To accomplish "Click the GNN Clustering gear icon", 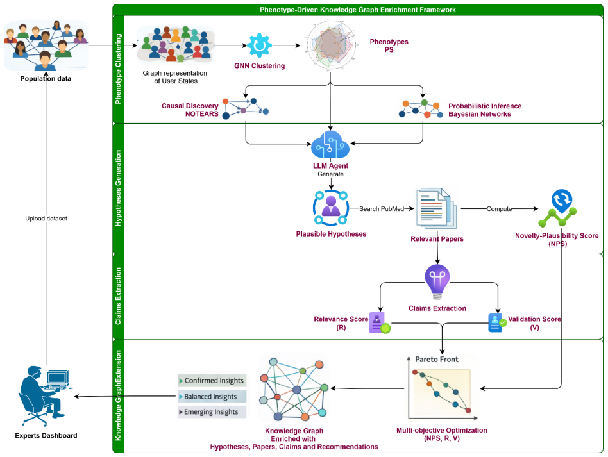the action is (x=259, y=46).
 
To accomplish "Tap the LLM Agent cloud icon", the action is (x=330, y=144).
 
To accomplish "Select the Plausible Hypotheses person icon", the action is (x=331, y=208).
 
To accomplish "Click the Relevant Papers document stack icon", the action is (x=437, y=208).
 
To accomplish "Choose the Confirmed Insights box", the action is (x=212, y=381).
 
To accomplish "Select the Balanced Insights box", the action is (x=212, y=397).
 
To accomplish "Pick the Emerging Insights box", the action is (x=212, y=412).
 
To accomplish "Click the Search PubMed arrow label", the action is (x=382, y=208).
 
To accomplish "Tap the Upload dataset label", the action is (x=46, y=219).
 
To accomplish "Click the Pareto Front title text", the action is (x=437, y=360).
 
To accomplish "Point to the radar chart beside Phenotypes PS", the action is (x=330, y=46).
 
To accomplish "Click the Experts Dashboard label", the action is (x=46, y=436).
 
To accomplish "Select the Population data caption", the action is (x=46, y=79).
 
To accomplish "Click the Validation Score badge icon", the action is (x=497, y=322).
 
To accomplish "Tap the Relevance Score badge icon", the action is (x=380, y=323).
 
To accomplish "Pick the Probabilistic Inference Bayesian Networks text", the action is (x=485, y=110).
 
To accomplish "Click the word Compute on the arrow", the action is (x=500, y=208).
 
